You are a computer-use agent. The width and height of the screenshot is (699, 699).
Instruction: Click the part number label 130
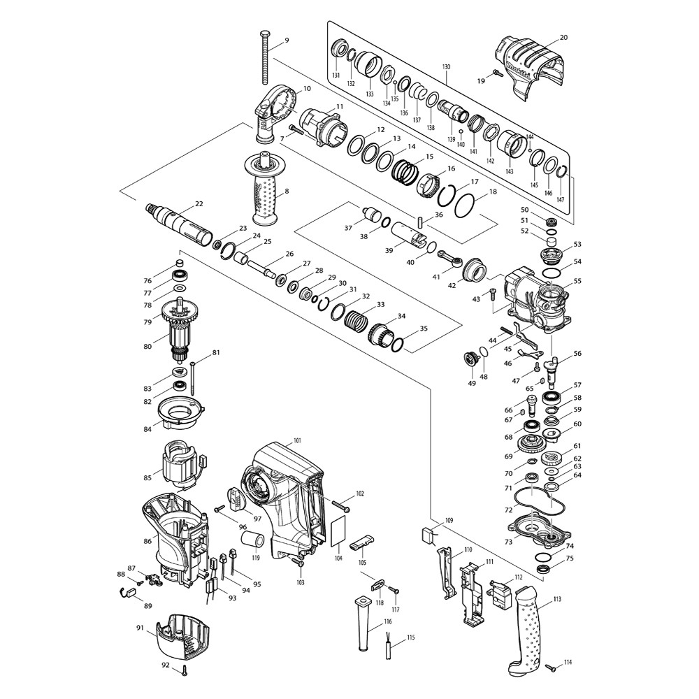[446, 67]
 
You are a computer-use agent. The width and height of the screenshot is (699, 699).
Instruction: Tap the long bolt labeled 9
[264, 57]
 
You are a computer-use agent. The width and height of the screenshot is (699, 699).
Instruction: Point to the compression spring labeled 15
[405, 172]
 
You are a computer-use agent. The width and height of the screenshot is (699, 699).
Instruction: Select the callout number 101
[297, 440]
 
